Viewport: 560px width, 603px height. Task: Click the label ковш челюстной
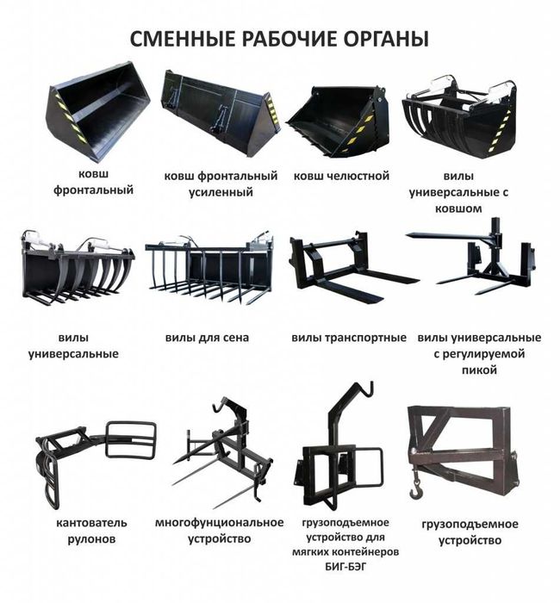[x=340, y=176]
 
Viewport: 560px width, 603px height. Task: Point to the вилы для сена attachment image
[x=208, y=267]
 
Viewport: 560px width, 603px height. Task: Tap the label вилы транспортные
[x=348, y=338]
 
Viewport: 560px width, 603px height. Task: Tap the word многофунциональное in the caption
[x=219, y=523]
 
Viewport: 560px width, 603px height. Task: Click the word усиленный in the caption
[x=221, y=192]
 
